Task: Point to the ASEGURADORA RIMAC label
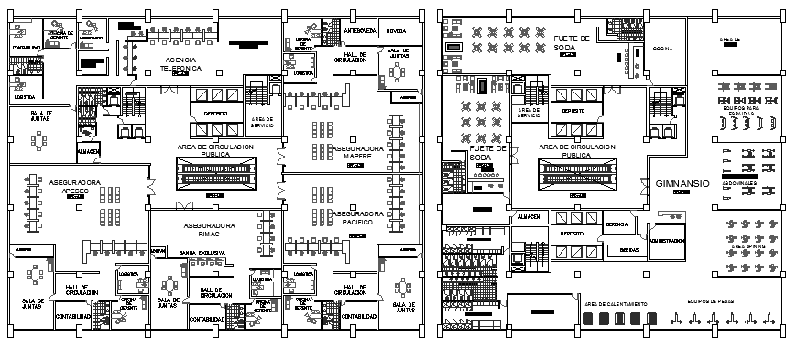210,229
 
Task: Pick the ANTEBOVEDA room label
358,30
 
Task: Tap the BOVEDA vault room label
397,30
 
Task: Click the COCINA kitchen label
663,49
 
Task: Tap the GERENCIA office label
617,224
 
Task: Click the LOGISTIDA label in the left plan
26,95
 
